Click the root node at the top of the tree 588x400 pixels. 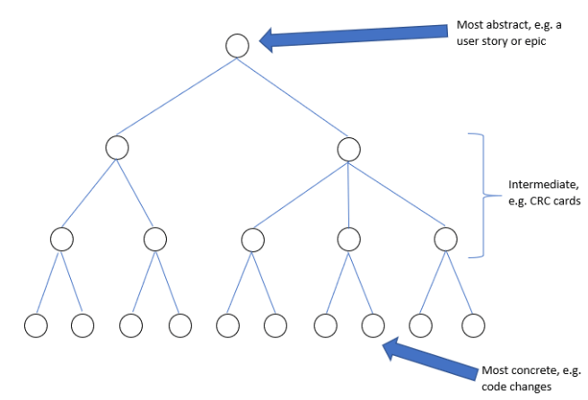237,45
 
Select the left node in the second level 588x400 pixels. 117,147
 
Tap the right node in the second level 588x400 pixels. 348,148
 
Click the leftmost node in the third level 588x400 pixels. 61,239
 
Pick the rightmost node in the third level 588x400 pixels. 445,239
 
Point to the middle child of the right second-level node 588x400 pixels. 349,239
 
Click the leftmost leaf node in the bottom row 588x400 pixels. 35,324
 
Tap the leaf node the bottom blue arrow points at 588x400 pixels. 373,324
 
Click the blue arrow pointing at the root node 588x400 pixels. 355,35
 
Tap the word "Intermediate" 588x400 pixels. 529,185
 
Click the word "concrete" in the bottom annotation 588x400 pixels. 530,370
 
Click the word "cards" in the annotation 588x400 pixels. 559,201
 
